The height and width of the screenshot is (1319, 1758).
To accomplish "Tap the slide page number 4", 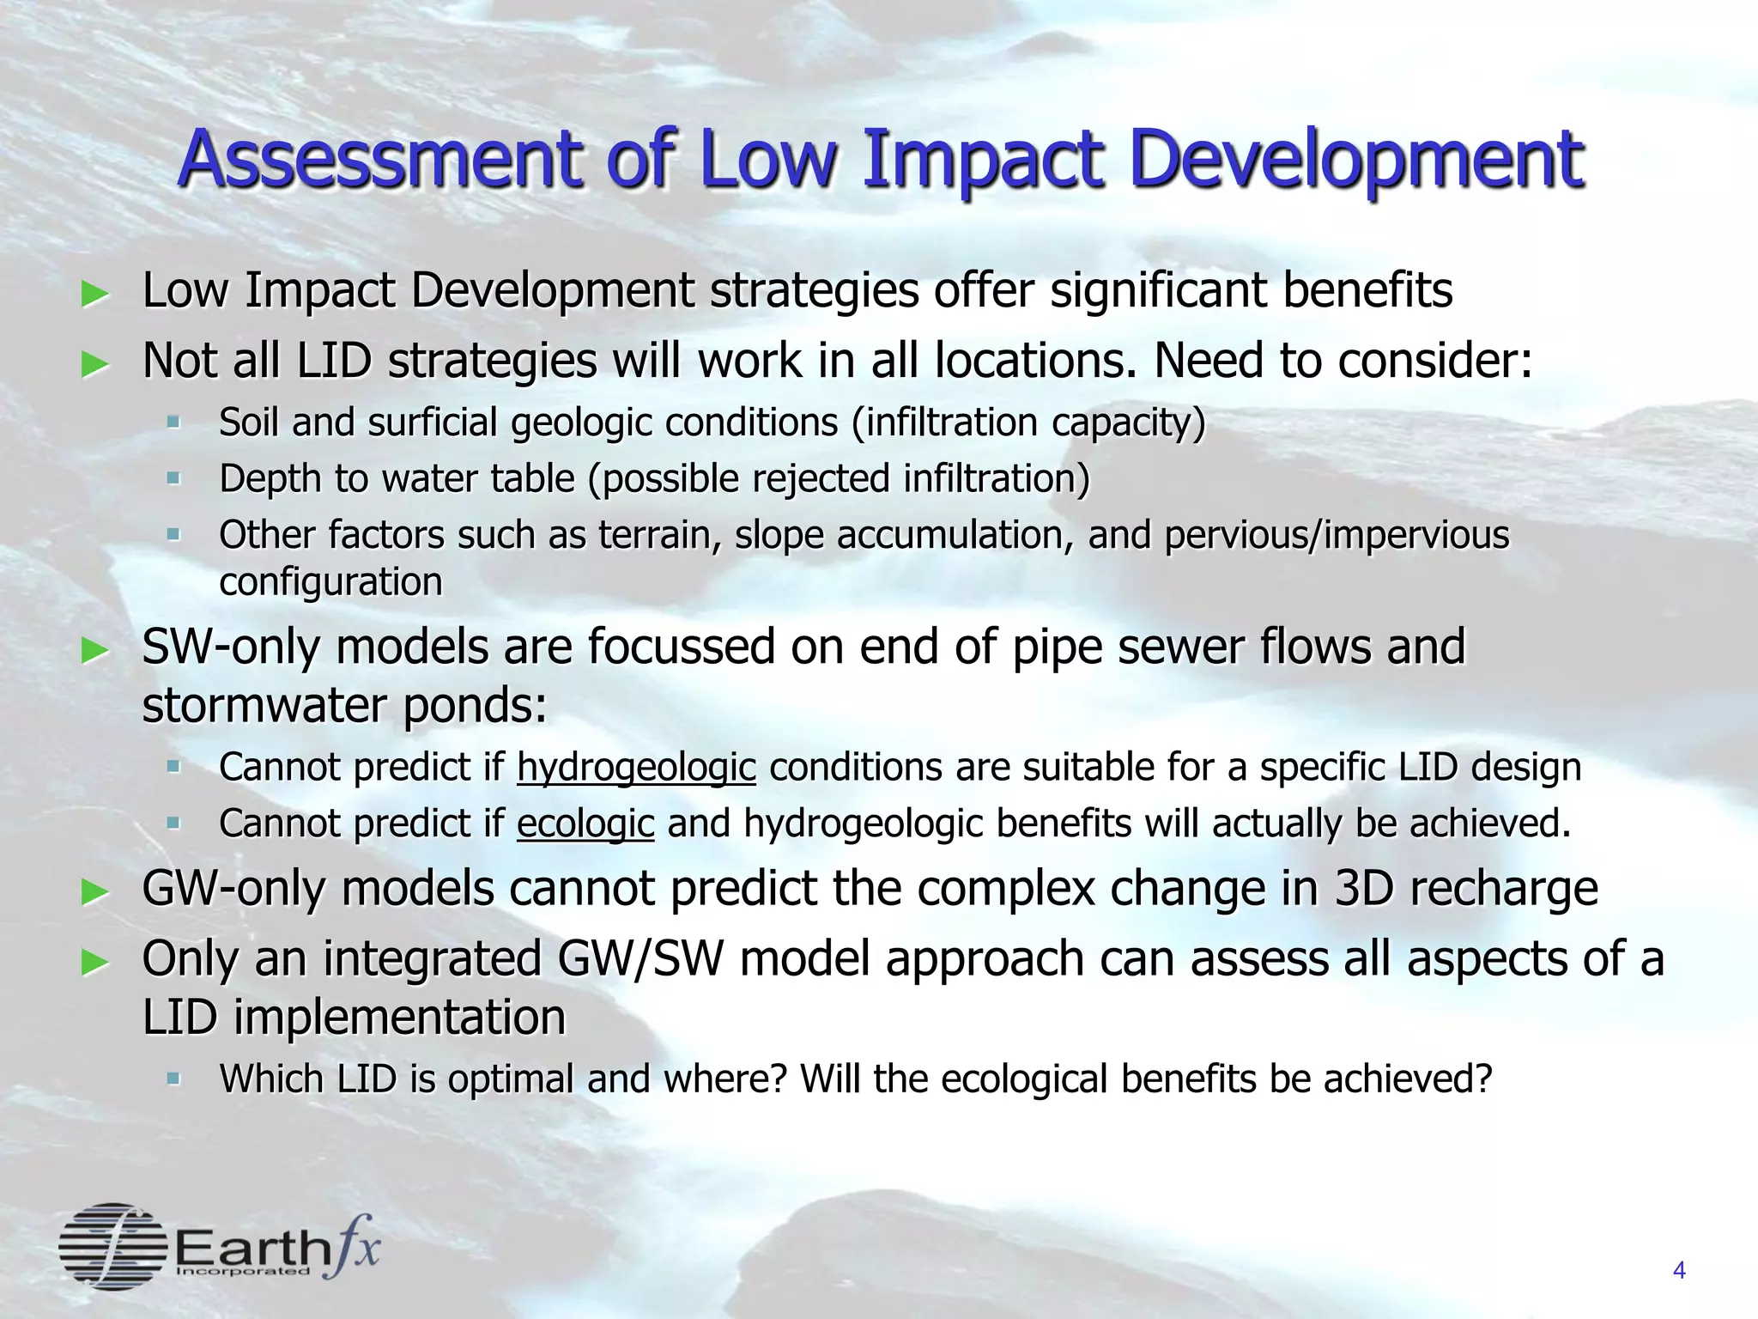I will [x=1679, y=1270].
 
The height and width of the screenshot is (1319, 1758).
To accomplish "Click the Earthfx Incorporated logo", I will [x=219, y=1246].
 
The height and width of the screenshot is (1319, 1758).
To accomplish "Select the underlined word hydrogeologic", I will [x=636, y=767].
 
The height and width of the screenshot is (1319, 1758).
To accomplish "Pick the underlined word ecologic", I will [x=585, y=823].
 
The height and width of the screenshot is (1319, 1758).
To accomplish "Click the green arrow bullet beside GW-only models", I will [x=94, y=893].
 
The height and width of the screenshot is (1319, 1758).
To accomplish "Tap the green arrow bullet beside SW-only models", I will [x=94, y=651].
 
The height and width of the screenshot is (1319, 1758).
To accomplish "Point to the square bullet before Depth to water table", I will [x=174, y=477].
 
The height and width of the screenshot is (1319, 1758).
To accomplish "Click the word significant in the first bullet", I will [x=1159, y=290].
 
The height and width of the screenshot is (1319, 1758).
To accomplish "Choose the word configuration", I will [x=330, y=582].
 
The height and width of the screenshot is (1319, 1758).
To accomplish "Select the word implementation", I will [x=399, y=1018].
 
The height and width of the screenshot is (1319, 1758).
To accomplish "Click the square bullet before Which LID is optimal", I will [x=174, y=1077].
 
